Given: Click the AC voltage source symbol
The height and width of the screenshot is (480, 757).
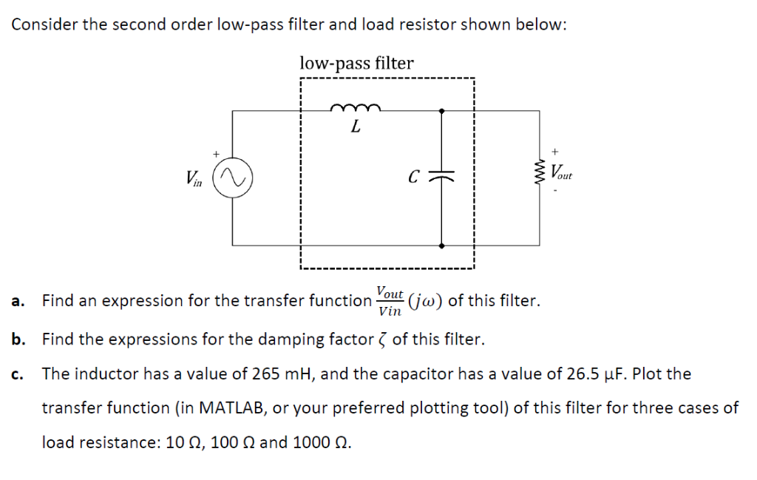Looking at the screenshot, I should [x=232, y=178].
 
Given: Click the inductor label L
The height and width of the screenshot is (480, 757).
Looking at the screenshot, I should [x=356, y=127].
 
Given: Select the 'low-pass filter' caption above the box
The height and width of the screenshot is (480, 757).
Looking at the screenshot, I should [x=356, y=64].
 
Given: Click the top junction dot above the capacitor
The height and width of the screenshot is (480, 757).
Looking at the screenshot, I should [x=441, y=111].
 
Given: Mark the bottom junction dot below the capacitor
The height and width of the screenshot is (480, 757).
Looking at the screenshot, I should [x=441, y=245].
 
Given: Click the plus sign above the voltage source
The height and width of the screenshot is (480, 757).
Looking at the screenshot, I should [x=216, y=154].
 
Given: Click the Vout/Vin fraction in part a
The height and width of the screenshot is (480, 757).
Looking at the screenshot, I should [x=389, y=301].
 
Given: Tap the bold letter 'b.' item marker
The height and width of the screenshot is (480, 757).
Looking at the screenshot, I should [x=19, y=340].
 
